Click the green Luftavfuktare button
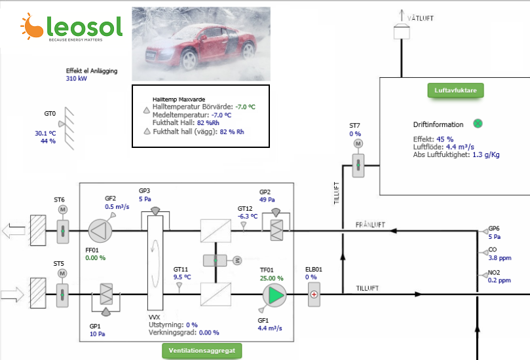(x=455, y=90)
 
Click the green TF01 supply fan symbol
(x=274, y=295)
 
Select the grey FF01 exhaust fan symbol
(x=100, y=231)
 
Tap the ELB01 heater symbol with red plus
(x=314, y=295)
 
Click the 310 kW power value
(x=77, y=79)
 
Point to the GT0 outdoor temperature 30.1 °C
(x=45, y=133)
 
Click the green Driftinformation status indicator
(x=478, y=124)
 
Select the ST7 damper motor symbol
(x=358, y=143)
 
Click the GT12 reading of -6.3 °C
(x=248, y=216)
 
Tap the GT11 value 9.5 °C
(x=182, y=277)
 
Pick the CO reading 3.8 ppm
(x=500, y=258)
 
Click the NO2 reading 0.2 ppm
(x=499, y=280)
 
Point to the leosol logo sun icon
(x=31, y=26)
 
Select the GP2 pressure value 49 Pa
(x=267, y=200)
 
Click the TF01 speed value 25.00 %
(x=272, y=278)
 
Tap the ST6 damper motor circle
(x=62, y=209)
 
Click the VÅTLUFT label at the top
(x=420, y=18)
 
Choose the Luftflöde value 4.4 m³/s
(x=460, y=147)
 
